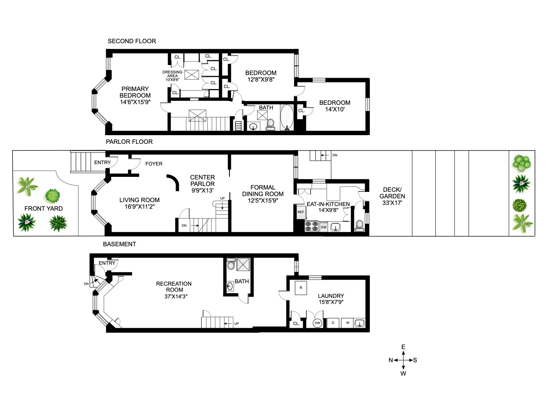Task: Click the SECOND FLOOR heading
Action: pyautogui.click(x=132, y=41)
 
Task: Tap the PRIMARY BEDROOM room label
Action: pyautogui.click(x=135, y=92)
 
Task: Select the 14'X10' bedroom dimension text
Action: pyautogui.click(x=335, y=110)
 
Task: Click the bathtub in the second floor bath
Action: pyautogui.click(x=287, y=117)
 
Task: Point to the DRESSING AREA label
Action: pyautogui.click(x=172, y=74)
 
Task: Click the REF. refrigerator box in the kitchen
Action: pyautogui.click(x=301, y=212)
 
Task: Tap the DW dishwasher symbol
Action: pyautogui.click(x=324, y=227)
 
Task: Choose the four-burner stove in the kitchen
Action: pyautogui.click(x=312, y=227)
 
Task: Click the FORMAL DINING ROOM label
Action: pyautogui.click(x=263, y=191)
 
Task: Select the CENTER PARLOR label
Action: pyautogui.click(x=203, y=180)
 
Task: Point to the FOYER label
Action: pyautogui.click(x=154, y=164)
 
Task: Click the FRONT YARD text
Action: pyautogui.click(x=44, y=208)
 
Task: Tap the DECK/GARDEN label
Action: pyautogui.click(x=392, y=193)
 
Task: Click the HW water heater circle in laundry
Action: pyautogui.click(x=317, y=323)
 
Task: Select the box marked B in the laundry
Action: pyautogui.click(x=301, y=288)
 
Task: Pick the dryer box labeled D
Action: pyautogui.click(x=333, y=323)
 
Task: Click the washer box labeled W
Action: pyautogui.click(x=347, y=323)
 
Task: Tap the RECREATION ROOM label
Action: pyautogui.click(x=174, y=287)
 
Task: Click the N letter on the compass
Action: pyautogui.click(x=391, y=360)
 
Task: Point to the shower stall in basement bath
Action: pyautogui.click(x=243, y=264)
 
